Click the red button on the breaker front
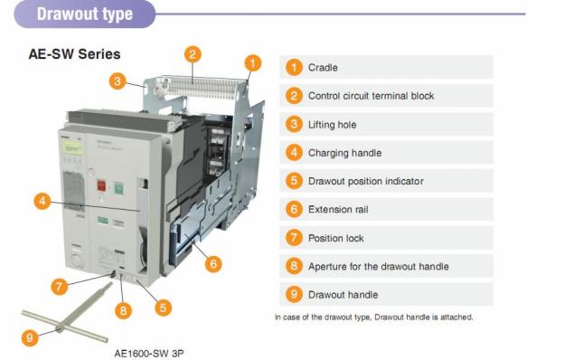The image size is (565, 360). [x=101, y=186]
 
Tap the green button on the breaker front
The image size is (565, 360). [x=119, y=188]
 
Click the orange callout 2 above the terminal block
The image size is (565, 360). [x=193, y=54]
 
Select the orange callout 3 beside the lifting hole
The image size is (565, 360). [x=118, y=81]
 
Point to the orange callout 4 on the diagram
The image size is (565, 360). [x=42, y=201]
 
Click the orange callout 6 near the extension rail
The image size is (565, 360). [x=213, y=264]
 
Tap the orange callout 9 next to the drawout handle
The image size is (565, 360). [x=30, y=337]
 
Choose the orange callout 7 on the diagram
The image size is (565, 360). [x=60, y=287]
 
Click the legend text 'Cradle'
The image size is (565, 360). [x=323, y=68]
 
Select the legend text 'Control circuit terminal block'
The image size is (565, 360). [x=372, y=96]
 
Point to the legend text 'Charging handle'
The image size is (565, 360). [x=344, y=153]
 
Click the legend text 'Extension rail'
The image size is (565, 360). [x=338, y=209]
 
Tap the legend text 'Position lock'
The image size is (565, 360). [x=335, y=238]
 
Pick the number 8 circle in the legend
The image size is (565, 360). [x=294, y=266]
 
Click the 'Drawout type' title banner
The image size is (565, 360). [x=85, y=14]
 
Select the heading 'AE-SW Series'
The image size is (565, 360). [x=75, y=54]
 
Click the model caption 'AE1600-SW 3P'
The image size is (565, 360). [x=149, y=353]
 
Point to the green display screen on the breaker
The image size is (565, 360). [x=73, y=147]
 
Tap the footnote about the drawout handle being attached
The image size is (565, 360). [x=373, y=317]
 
